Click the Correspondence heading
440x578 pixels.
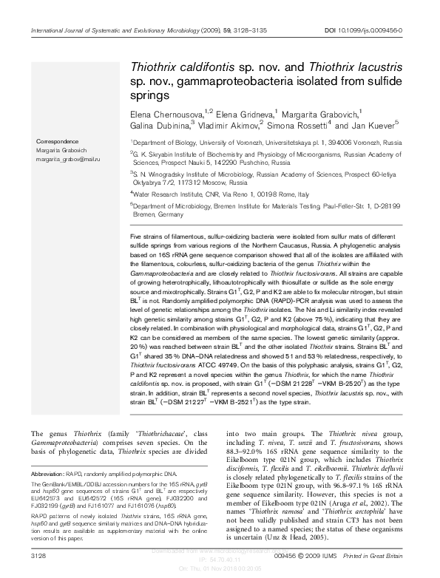click(57, 141)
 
